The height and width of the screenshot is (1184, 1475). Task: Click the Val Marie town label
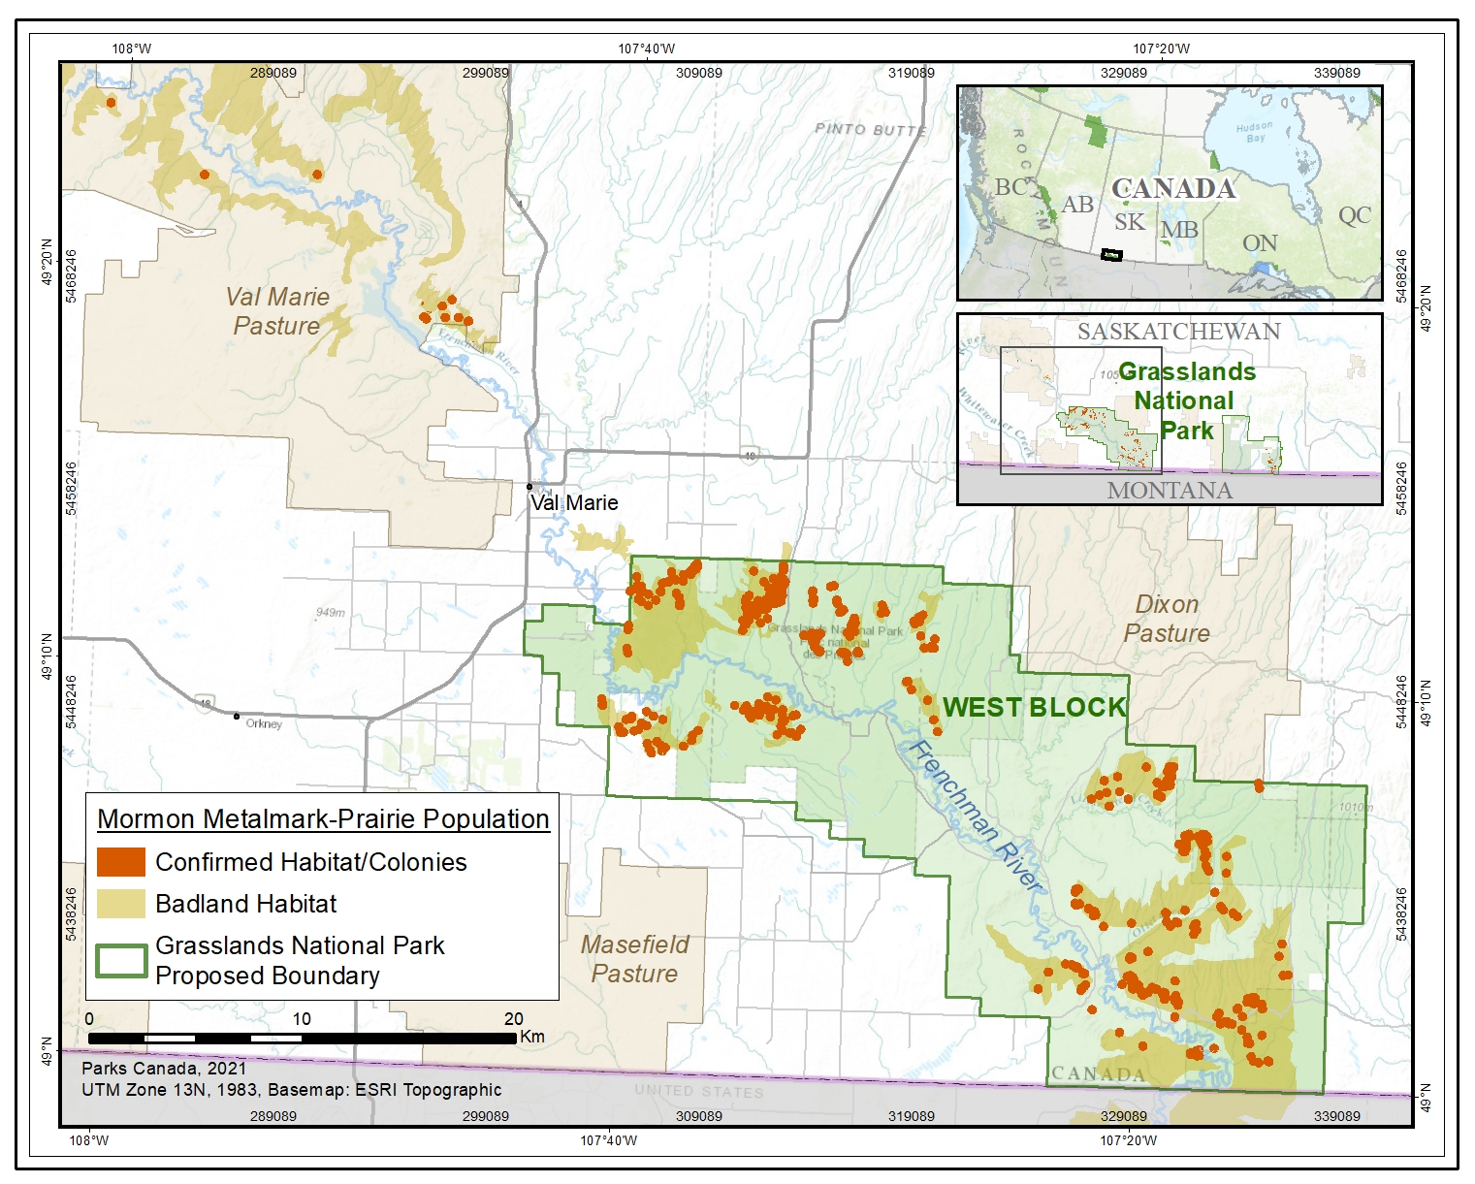574,503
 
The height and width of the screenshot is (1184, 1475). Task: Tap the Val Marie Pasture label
277,311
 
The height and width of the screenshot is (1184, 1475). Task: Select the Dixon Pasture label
1167,619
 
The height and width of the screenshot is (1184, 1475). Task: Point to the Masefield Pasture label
635,959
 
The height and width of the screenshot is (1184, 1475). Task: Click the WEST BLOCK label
1034,708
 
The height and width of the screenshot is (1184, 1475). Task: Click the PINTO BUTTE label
870,129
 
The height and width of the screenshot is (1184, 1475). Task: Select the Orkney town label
264,723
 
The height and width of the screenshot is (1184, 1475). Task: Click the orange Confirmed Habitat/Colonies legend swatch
121,862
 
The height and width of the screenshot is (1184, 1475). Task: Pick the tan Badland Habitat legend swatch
121,904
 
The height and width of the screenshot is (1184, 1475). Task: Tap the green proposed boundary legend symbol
121,960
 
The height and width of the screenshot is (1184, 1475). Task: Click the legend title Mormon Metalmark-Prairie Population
323,819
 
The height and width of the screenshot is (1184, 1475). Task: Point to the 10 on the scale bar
302,1019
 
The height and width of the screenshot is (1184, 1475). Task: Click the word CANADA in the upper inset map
1173,188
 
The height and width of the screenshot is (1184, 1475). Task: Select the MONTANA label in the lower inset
1170,491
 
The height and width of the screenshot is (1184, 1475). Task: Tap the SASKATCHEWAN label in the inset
1178,332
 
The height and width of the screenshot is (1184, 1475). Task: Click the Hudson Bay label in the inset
1254,132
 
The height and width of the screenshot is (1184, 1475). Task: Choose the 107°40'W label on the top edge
647,48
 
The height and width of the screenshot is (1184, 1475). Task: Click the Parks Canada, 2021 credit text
164,1069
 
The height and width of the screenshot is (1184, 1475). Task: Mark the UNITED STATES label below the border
698,1091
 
